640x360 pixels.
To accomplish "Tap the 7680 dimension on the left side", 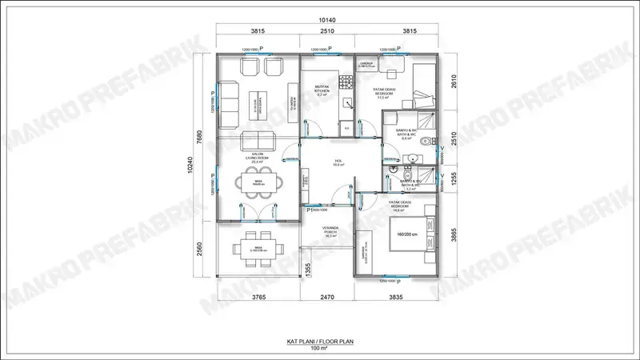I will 202,137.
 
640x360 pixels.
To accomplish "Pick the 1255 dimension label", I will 454,182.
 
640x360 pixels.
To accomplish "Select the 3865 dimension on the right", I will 454,235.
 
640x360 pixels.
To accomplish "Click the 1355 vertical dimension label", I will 308,270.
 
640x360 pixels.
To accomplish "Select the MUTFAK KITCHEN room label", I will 321,90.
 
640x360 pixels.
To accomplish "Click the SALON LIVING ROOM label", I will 258,158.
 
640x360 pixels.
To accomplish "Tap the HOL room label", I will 338,162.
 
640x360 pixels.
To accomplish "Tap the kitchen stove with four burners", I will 346,82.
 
